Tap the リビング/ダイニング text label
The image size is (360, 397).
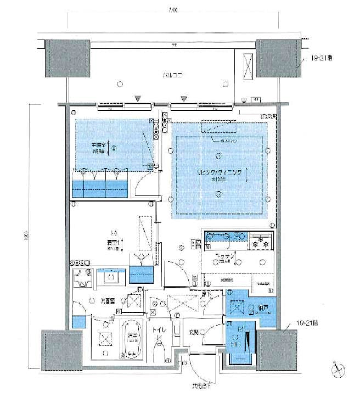click(x=219, y=172)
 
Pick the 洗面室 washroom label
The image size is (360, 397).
click(x=106, y=301)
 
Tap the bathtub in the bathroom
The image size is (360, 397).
click(x=131, y=338)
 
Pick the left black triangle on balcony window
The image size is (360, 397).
click(x=139, y=100)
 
